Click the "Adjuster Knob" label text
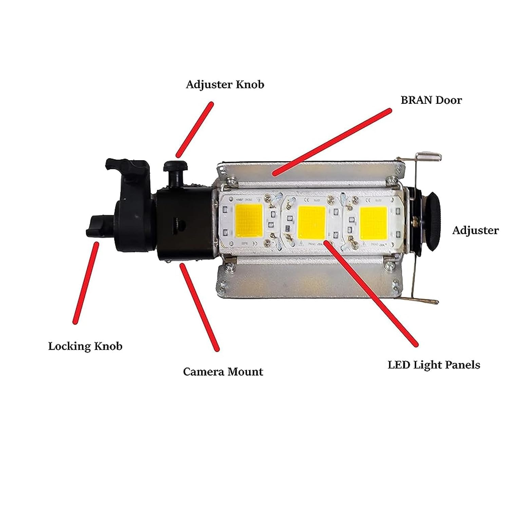pos(225,84)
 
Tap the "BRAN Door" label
pos(431,100)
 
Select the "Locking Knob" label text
pos(85,346)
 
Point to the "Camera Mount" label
pos(223,372)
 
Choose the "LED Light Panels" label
pos(434,365)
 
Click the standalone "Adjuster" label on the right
pos(475,230)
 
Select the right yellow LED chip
pos(373,222)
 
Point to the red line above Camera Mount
pos(200,307)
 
